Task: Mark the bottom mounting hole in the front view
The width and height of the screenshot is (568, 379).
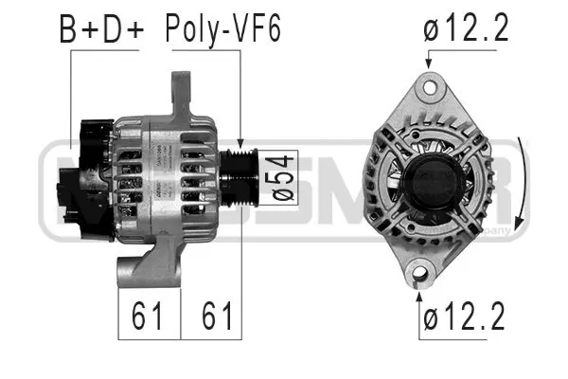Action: point(420,275)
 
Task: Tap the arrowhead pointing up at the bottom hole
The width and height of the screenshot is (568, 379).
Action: point(420,297)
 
